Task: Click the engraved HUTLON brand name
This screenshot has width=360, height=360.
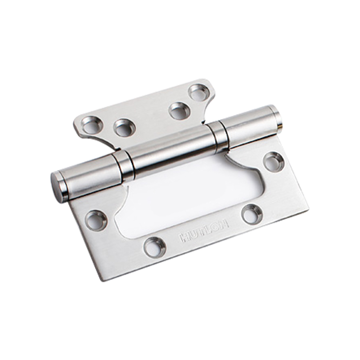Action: [x=205, y=231]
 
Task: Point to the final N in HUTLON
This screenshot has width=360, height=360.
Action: [x=224, y=224]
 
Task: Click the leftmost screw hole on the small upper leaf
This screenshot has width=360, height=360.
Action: [x=93, y=125]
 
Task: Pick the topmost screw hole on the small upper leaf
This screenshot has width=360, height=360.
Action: [x=198, y=93]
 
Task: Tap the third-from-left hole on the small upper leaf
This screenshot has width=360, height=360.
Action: [x=179, y=111]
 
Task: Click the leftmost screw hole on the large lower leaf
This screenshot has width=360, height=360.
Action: [x=96, y=221]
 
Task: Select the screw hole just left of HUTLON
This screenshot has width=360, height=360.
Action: [x=155, y=248]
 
